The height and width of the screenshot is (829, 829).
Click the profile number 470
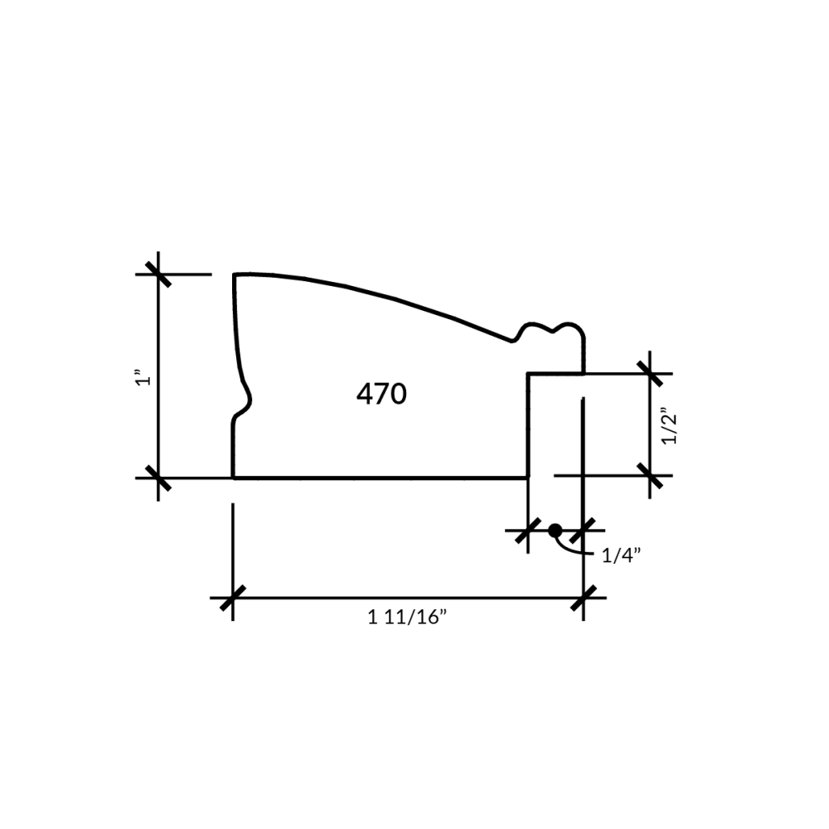coord(381,394)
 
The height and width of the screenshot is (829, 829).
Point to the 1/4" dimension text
coord(621,555)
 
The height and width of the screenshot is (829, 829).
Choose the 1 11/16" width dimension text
coord(407,617)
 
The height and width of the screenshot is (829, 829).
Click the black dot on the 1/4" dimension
coord(555,531)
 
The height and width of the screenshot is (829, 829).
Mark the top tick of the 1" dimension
coord(158,274)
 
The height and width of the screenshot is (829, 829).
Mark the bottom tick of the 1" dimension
coord(158,478)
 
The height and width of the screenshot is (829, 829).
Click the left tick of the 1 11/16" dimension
coord(233,598)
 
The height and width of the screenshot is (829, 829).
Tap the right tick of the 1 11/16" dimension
coord(584,598)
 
